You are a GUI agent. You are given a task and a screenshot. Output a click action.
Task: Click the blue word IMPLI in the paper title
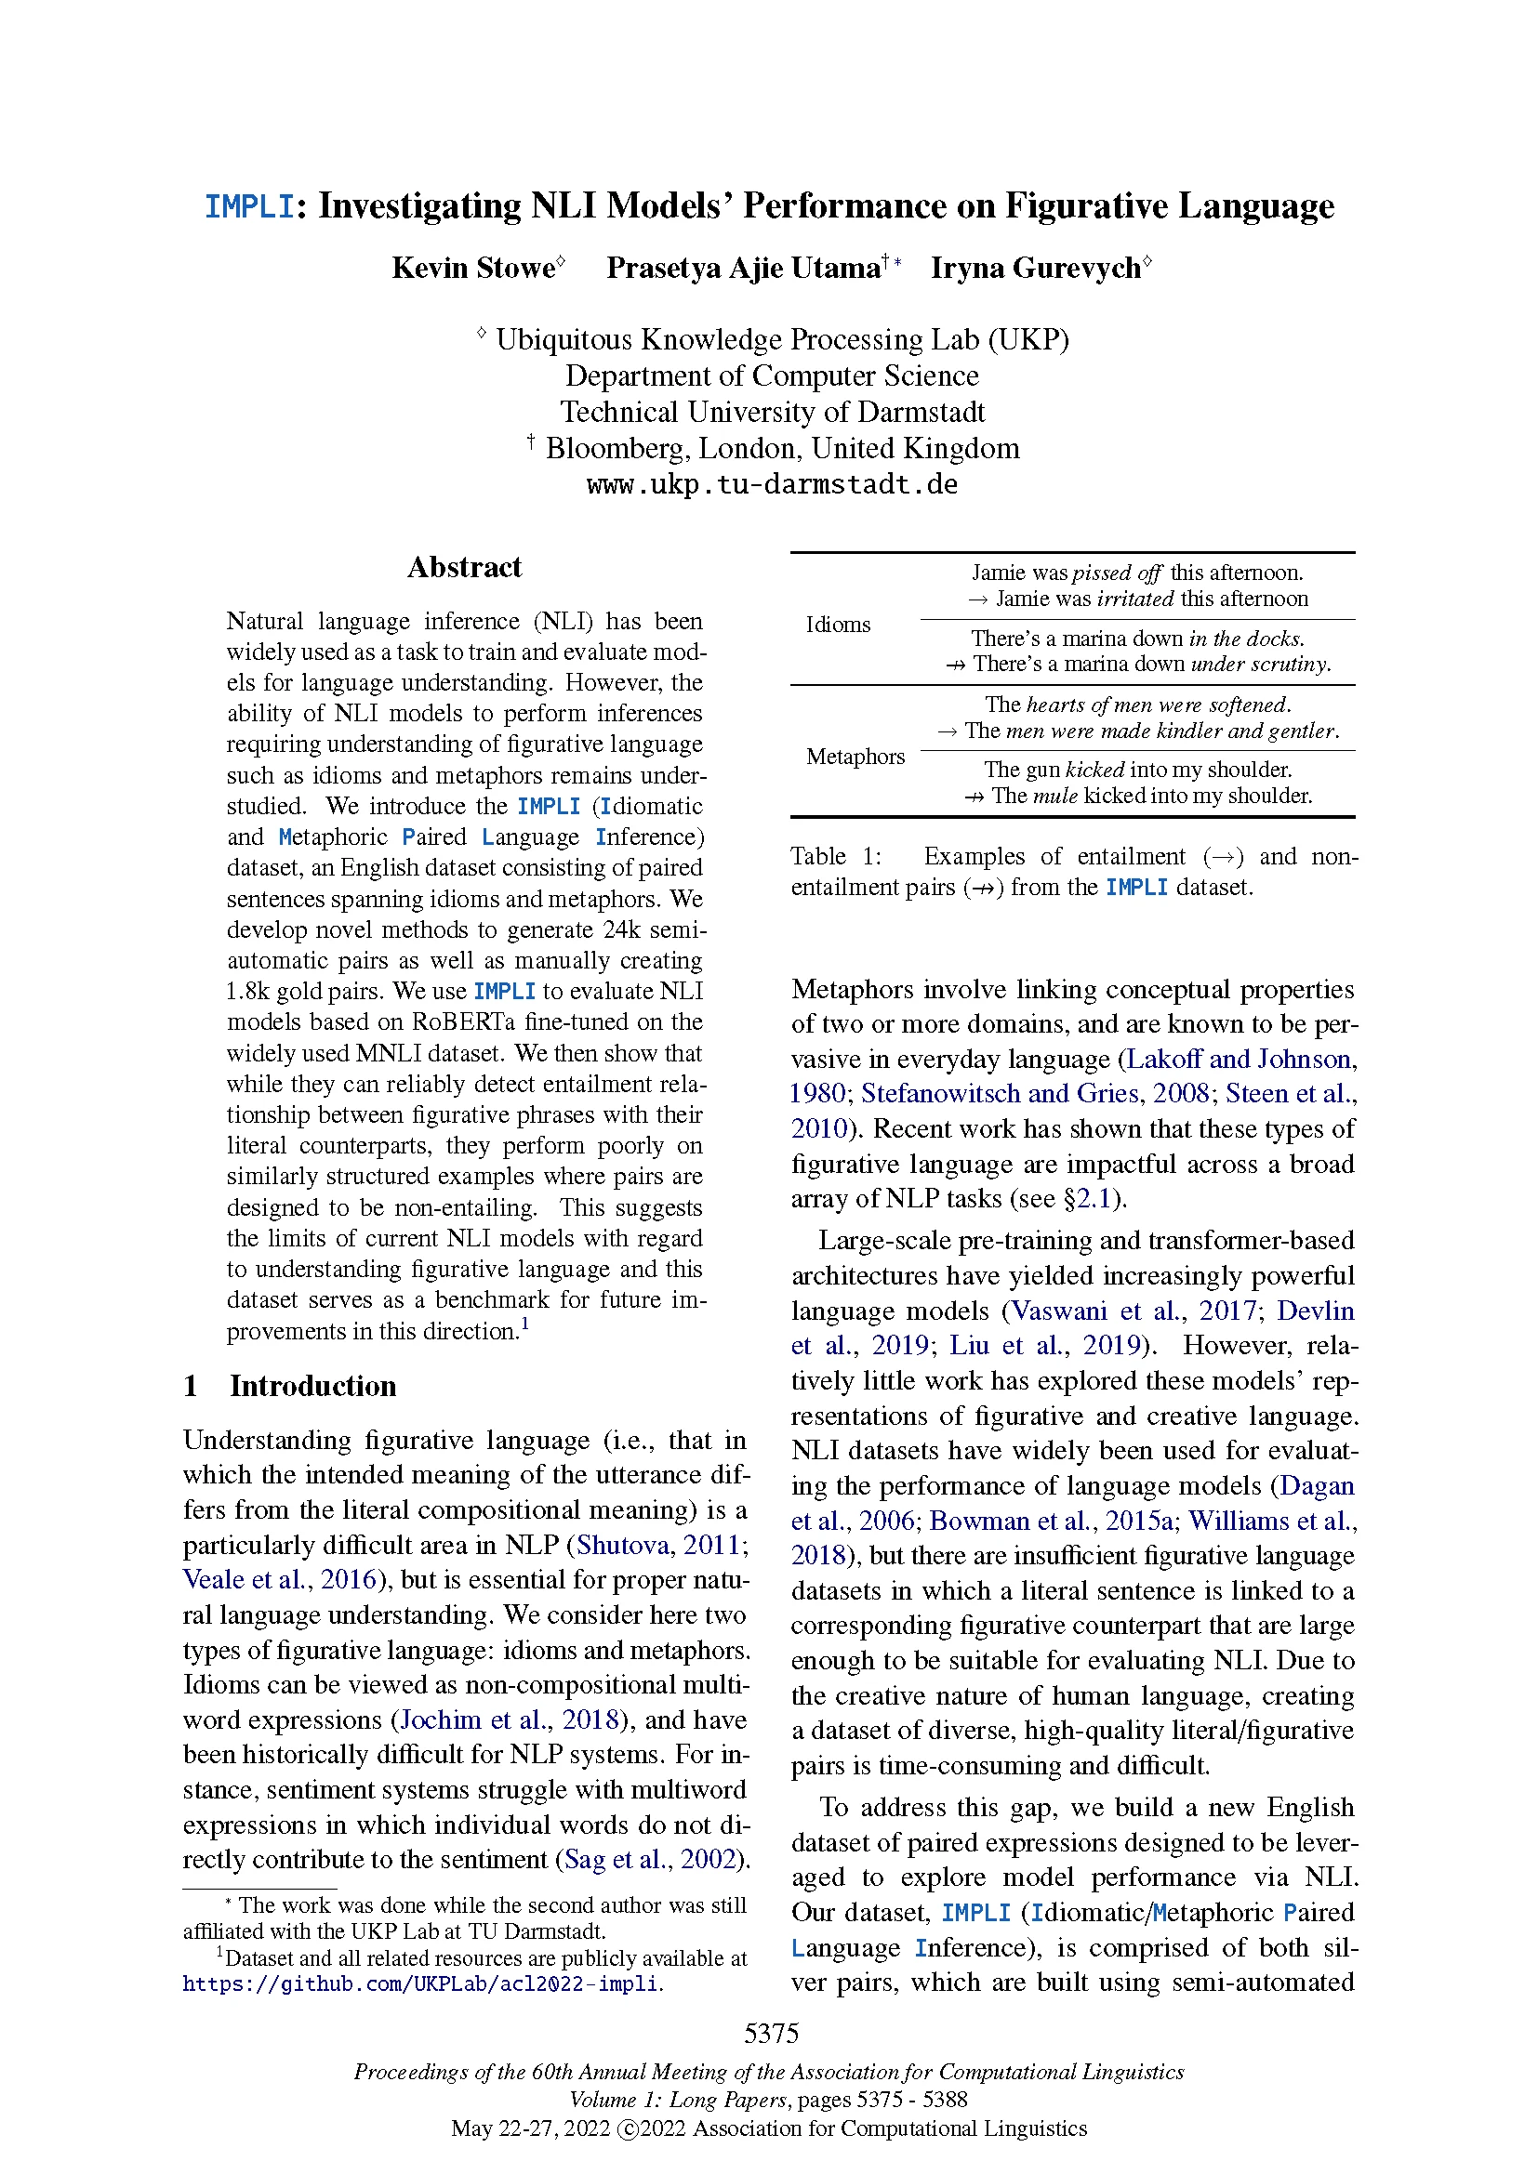[249, 206]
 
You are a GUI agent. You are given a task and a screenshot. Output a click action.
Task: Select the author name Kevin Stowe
[472, 269]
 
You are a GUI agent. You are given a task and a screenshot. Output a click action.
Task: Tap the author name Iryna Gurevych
[1035, 269]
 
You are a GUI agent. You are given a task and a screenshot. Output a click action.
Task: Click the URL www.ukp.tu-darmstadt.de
[772, 485]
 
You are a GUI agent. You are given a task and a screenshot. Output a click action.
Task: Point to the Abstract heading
[464, 567]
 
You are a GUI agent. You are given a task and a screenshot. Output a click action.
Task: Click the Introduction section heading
[312, 1386]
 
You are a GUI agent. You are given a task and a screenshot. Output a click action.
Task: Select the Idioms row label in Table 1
[837, 625]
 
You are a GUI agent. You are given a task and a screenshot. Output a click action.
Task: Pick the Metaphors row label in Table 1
[855, 757]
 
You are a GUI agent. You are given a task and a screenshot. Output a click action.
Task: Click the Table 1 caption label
[835, 857]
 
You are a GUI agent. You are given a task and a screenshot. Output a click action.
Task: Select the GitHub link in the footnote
[421, 1983]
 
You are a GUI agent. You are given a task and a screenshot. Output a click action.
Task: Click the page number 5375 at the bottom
[771, 2034]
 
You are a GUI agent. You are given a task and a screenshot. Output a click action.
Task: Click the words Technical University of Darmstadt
[772, 413]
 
